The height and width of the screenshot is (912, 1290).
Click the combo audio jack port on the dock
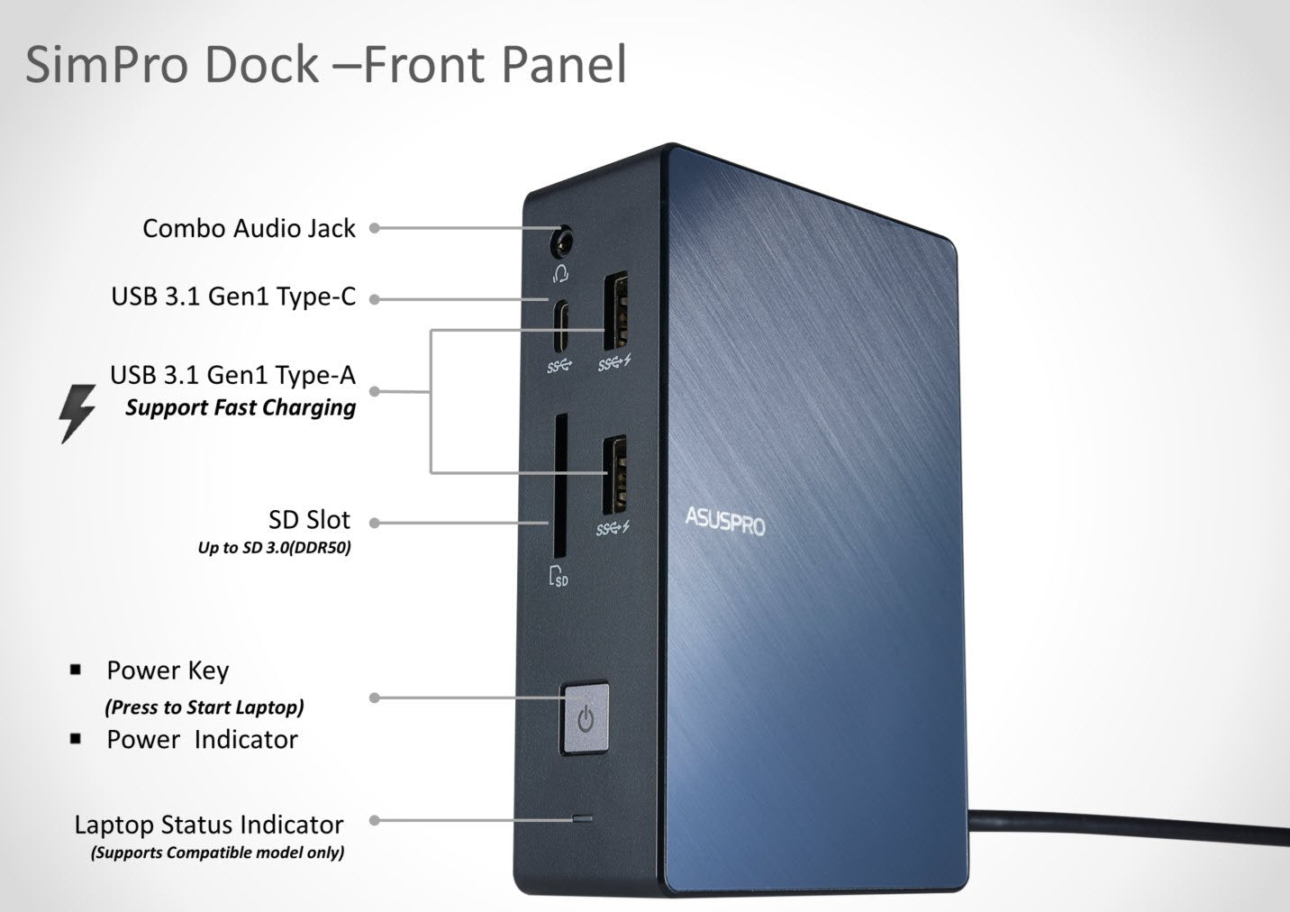coord(562,242)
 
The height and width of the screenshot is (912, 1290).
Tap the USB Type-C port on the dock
coord(561,326)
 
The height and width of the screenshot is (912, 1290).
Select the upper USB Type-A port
coord(615,311)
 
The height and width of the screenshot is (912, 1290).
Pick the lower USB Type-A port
coord(614,475)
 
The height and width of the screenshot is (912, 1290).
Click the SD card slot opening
coord(559,487)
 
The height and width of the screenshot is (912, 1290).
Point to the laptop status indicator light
coord(583,819)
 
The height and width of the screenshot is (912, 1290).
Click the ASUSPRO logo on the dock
coord(724,521)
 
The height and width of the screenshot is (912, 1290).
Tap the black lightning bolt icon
coord(77,413)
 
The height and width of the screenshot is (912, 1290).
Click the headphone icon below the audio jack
coord(561,272)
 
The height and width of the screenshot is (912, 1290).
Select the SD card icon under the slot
coord(559,576)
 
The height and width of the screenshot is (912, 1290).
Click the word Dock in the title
coord(262,65)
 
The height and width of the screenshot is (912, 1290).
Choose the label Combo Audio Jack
coord(249,229)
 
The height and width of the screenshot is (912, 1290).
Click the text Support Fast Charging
coord(241,407)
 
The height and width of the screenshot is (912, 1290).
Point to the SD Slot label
coord(309,520)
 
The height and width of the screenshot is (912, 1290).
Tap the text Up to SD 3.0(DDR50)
coord(274,547)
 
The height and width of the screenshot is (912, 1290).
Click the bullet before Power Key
coord(76,670)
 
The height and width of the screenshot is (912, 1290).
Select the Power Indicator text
coord(202,740)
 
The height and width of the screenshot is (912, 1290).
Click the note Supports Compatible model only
coord(217,853)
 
